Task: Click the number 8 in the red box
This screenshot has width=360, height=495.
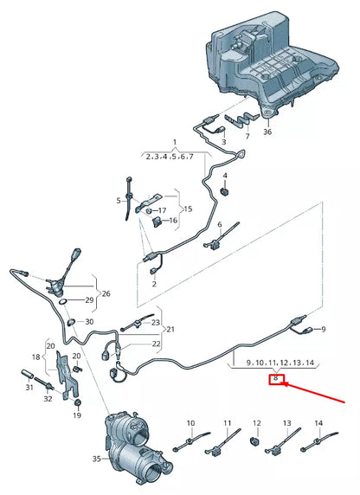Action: (276, 379)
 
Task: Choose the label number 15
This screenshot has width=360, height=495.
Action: (190, 209)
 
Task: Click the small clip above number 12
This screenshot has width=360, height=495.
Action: (256, 443)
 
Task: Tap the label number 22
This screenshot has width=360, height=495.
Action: (156, 344)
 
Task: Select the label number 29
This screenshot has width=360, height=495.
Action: (89, 299)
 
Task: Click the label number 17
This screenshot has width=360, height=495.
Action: (162, 210)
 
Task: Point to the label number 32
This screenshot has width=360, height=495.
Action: (47, 398)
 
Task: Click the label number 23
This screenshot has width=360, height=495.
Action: (156, 322)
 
